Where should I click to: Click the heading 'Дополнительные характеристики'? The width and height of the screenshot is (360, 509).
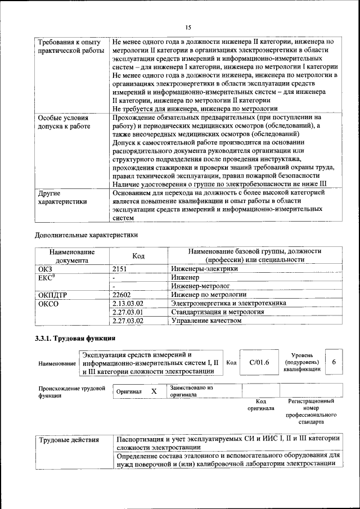pos(86,235)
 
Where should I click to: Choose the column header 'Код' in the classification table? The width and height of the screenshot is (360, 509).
pos(138,256)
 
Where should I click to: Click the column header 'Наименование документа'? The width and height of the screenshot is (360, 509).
pos(71,256)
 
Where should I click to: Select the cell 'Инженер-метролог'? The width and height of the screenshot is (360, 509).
pos(201,286)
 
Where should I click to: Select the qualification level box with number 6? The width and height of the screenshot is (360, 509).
pos(334,362)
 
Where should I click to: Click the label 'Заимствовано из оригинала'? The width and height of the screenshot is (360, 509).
pos(192,391)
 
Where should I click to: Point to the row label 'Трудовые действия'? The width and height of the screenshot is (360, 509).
pos(69,440)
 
